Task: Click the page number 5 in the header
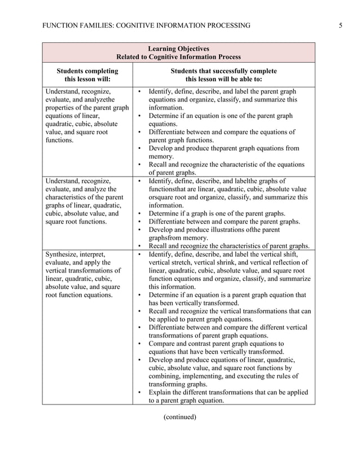coord(341,25)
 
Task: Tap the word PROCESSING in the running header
coord(225,25)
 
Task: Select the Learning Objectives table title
coord(178,49)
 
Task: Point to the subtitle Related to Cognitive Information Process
coord(178,56)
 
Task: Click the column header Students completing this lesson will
coord(87,75)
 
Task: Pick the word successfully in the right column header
coord(229,71)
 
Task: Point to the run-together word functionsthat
coord(170,189)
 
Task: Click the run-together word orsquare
coord(163,197)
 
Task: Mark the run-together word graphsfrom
coord(166,238)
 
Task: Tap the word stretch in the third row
coord(181,262)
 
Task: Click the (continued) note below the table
coord(179,417)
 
